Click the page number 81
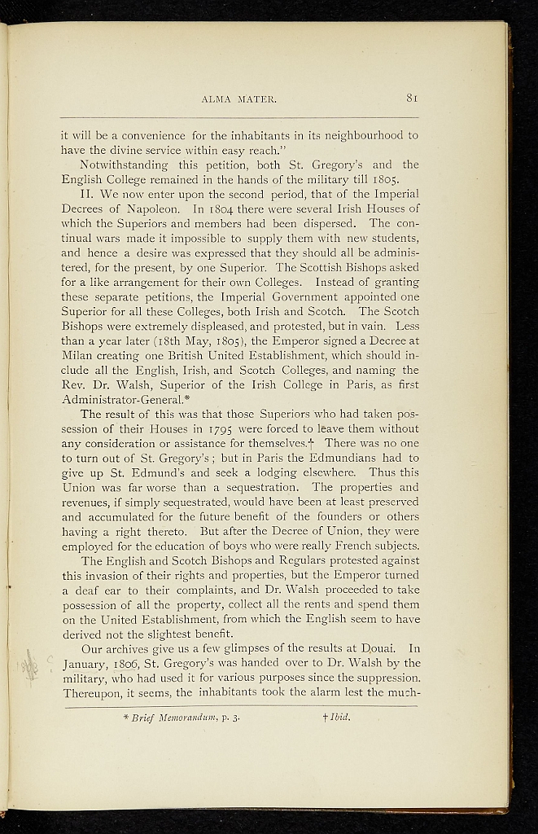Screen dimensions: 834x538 click(411, 99)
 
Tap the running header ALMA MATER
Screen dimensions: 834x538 click(239, 100)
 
